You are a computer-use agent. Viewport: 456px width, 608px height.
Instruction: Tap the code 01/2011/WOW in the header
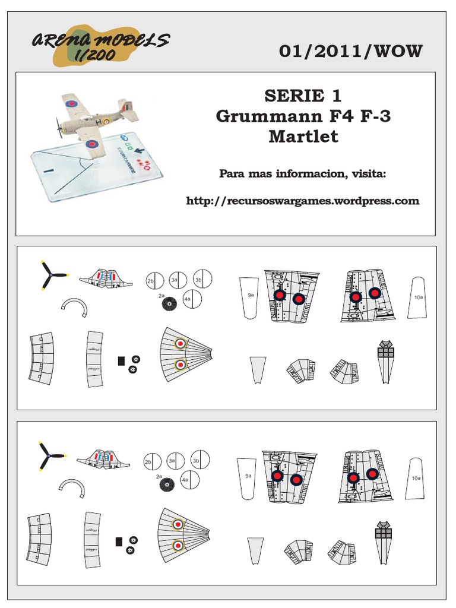point(350,52)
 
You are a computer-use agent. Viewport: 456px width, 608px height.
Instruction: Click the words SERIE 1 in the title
point(303,96)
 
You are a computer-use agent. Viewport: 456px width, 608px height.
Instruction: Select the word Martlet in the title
point(303,136)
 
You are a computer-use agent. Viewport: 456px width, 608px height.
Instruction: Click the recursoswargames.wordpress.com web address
point(303,201)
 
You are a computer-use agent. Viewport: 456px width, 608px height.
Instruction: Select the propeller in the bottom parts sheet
point(50,457)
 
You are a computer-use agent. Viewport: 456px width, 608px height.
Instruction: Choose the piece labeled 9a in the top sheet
point(250,297)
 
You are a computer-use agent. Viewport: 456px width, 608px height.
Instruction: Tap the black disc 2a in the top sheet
point(169,305)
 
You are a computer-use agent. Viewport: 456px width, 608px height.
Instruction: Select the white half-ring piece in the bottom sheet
point(71,488)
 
